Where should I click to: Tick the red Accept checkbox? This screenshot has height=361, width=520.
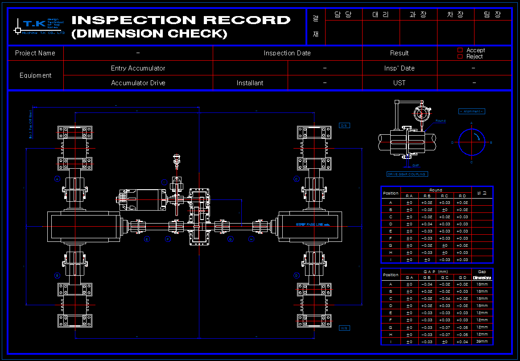[460, 50]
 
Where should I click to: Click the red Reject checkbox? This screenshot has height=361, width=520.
[460, 57]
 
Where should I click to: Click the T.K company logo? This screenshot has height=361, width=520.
[40, 26]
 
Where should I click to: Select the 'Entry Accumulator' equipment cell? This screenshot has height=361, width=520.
[138, 68]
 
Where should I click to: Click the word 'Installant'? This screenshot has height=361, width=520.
[250, 83]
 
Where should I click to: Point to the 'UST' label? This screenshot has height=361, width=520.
[399, 83]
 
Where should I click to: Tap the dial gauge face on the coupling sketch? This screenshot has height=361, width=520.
[421, 114]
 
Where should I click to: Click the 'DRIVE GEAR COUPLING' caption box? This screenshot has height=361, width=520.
[407, 174]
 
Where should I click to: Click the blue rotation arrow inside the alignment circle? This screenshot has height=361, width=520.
[479, 136]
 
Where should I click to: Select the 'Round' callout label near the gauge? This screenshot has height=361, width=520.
[440, 121]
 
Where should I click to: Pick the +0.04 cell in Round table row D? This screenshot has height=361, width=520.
[427, 224]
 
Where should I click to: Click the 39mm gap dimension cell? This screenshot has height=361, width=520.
[482, 341]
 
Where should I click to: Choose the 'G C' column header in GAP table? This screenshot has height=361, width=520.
[445, 278]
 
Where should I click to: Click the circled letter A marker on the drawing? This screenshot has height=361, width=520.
[57, 179]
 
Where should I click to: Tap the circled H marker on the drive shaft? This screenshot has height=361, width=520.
[251, 239]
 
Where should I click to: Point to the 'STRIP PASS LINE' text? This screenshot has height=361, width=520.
[312, 224]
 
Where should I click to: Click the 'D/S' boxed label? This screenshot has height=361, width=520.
[344, 126]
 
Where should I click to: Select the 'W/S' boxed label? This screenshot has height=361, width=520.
[344, 328]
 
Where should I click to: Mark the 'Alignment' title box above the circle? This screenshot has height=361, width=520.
[471, 111]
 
